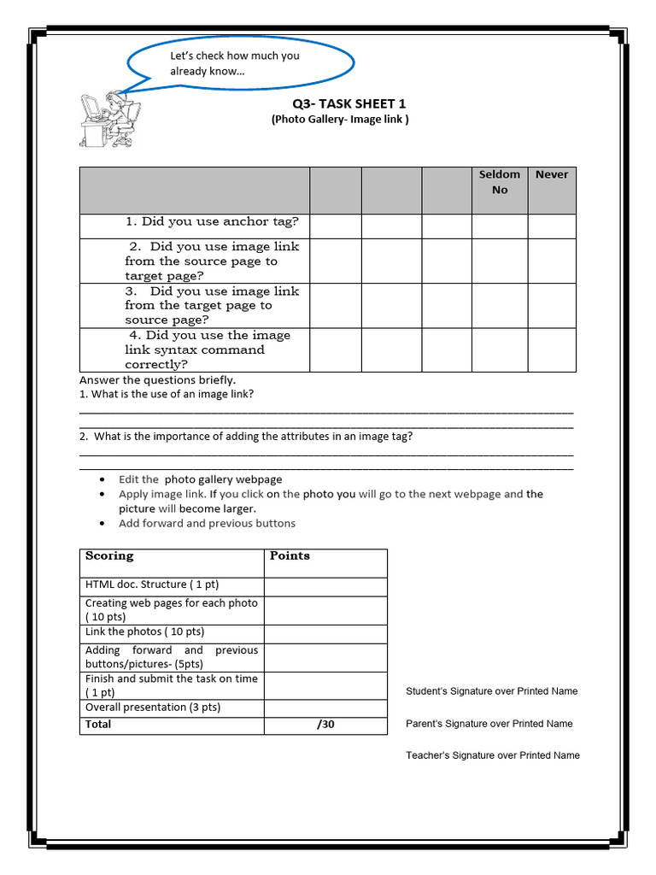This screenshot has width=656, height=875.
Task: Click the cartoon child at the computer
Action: click(x=108, y=118)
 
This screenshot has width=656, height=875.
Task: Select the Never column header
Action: click(x=551, y=174)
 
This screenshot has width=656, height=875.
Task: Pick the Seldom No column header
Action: click(x=499, y=182)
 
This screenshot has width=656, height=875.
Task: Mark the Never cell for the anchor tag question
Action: click(x=551, y=226)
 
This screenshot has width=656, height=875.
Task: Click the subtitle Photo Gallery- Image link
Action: click(x=340, y=120)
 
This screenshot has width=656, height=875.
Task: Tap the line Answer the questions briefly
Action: click(x=157, y=379)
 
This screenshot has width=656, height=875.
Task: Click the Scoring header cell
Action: click(x=109, y=556)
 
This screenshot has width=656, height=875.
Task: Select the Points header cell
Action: click(x=290, y=556)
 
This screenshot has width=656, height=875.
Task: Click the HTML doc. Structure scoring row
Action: click(x=152, y=584)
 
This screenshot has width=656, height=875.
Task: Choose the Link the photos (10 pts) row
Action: click(x=144, y=632)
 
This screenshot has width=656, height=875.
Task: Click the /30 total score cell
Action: click(x=325, y=725)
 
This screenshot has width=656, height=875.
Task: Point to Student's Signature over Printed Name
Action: click(x=491, y=691)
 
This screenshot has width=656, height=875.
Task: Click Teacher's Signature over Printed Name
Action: click(x=492, y=755)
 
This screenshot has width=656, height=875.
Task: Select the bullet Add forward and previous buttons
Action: click(x=207, y=524)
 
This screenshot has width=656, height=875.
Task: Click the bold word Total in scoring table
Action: click(x=98, y=725)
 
